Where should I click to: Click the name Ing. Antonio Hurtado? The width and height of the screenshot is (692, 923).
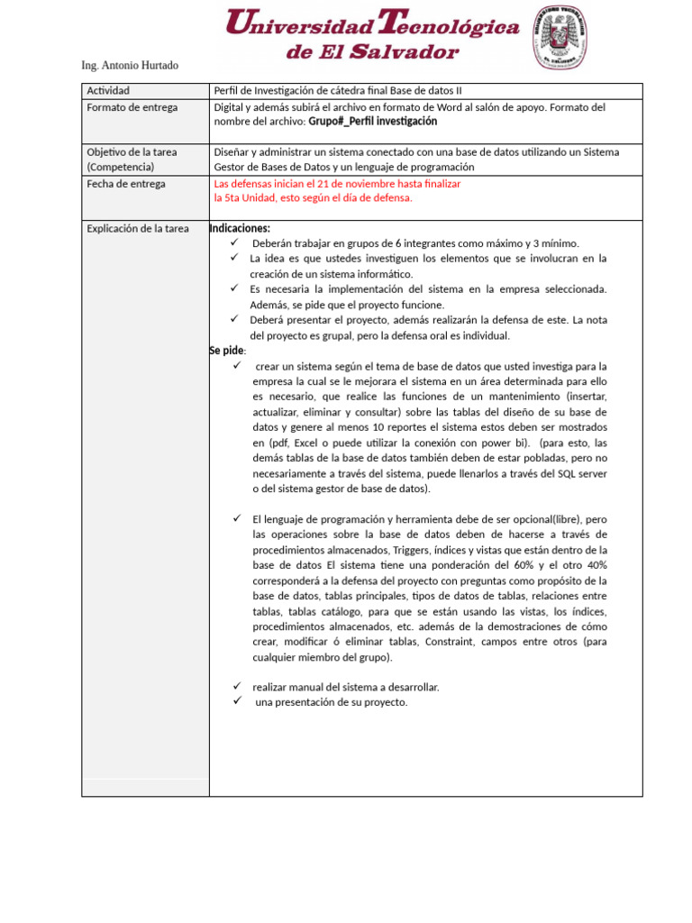click(x=130, y=66)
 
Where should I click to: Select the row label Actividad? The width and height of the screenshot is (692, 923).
click(x=108, y=91)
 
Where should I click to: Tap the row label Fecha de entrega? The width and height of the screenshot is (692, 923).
click(x=125, y=184)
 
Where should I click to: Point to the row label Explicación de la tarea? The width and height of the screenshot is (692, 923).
click(x=137, y=229)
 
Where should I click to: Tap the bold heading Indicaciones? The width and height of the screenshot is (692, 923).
click(x=240, y=228)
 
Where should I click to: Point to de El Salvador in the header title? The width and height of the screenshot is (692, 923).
click(x=372, y=52)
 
